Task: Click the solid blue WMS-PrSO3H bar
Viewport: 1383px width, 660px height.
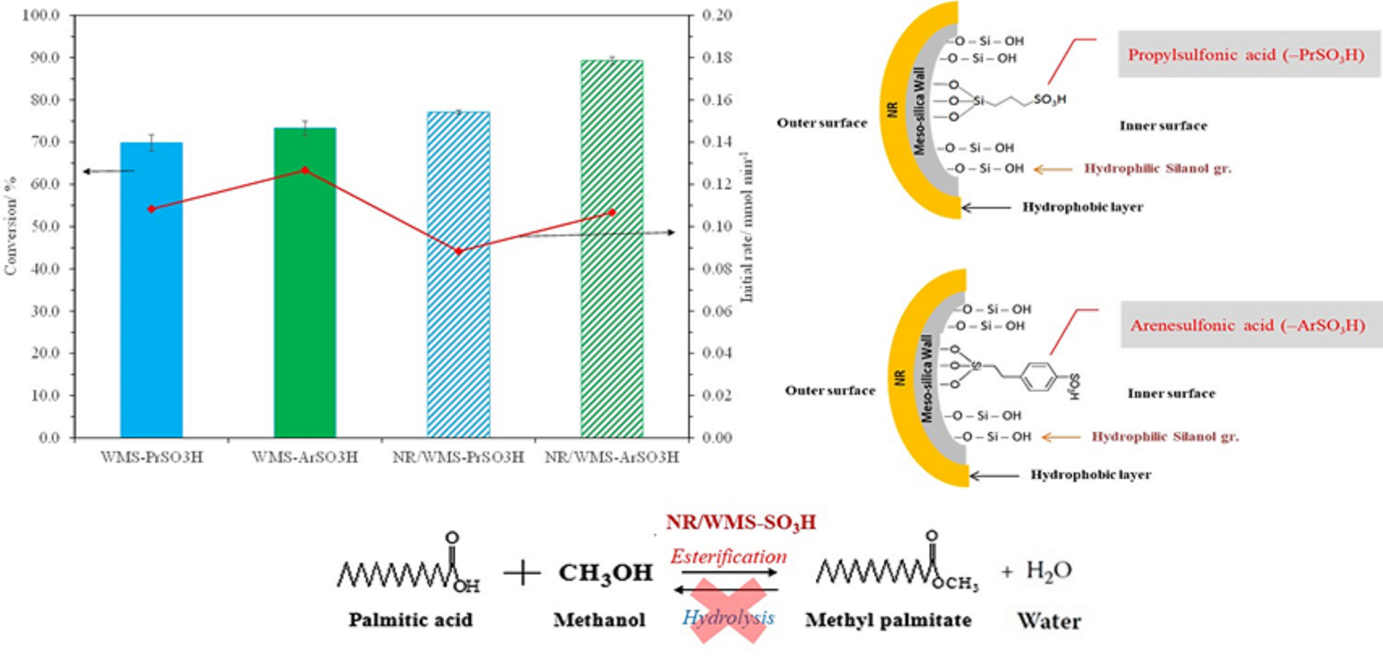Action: (x=151, y=290)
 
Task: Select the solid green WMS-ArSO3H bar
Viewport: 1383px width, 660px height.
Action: (x=305, y=283)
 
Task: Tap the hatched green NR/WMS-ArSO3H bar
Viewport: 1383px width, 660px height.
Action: (x=612, y=249)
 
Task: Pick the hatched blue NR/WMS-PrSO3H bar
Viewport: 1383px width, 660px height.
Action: (x=458, y=276)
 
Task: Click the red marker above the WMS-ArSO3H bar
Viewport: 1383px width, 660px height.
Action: (x=305, y=170)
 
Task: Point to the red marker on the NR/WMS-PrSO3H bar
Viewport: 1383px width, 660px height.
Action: (x=458, y=251)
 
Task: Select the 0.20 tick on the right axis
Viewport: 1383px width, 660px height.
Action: (x=717, y=15)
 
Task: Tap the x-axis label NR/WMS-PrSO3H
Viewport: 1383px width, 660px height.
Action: (x=458, y=458)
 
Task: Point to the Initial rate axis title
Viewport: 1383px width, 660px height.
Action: (x=747, y=228)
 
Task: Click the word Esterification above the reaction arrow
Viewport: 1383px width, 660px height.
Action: (x=728, y=556)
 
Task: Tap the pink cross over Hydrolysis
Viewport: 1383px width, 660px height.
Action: (x=728, y=610)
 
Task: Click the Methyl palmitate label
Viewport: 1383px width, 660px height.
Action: (x=888, y=620)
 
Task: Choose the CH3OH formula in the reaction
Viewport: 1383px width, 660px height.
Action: (x=606, y=573)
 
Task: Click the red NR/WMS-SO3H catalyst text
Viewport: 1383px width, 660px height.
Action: (x=741, y=522)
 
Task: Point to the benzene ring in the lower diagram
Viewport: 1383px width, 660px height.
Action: (x=1039, y=377)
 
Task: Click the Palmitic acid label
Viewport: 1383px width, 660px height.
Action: (x=411, y=620)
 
